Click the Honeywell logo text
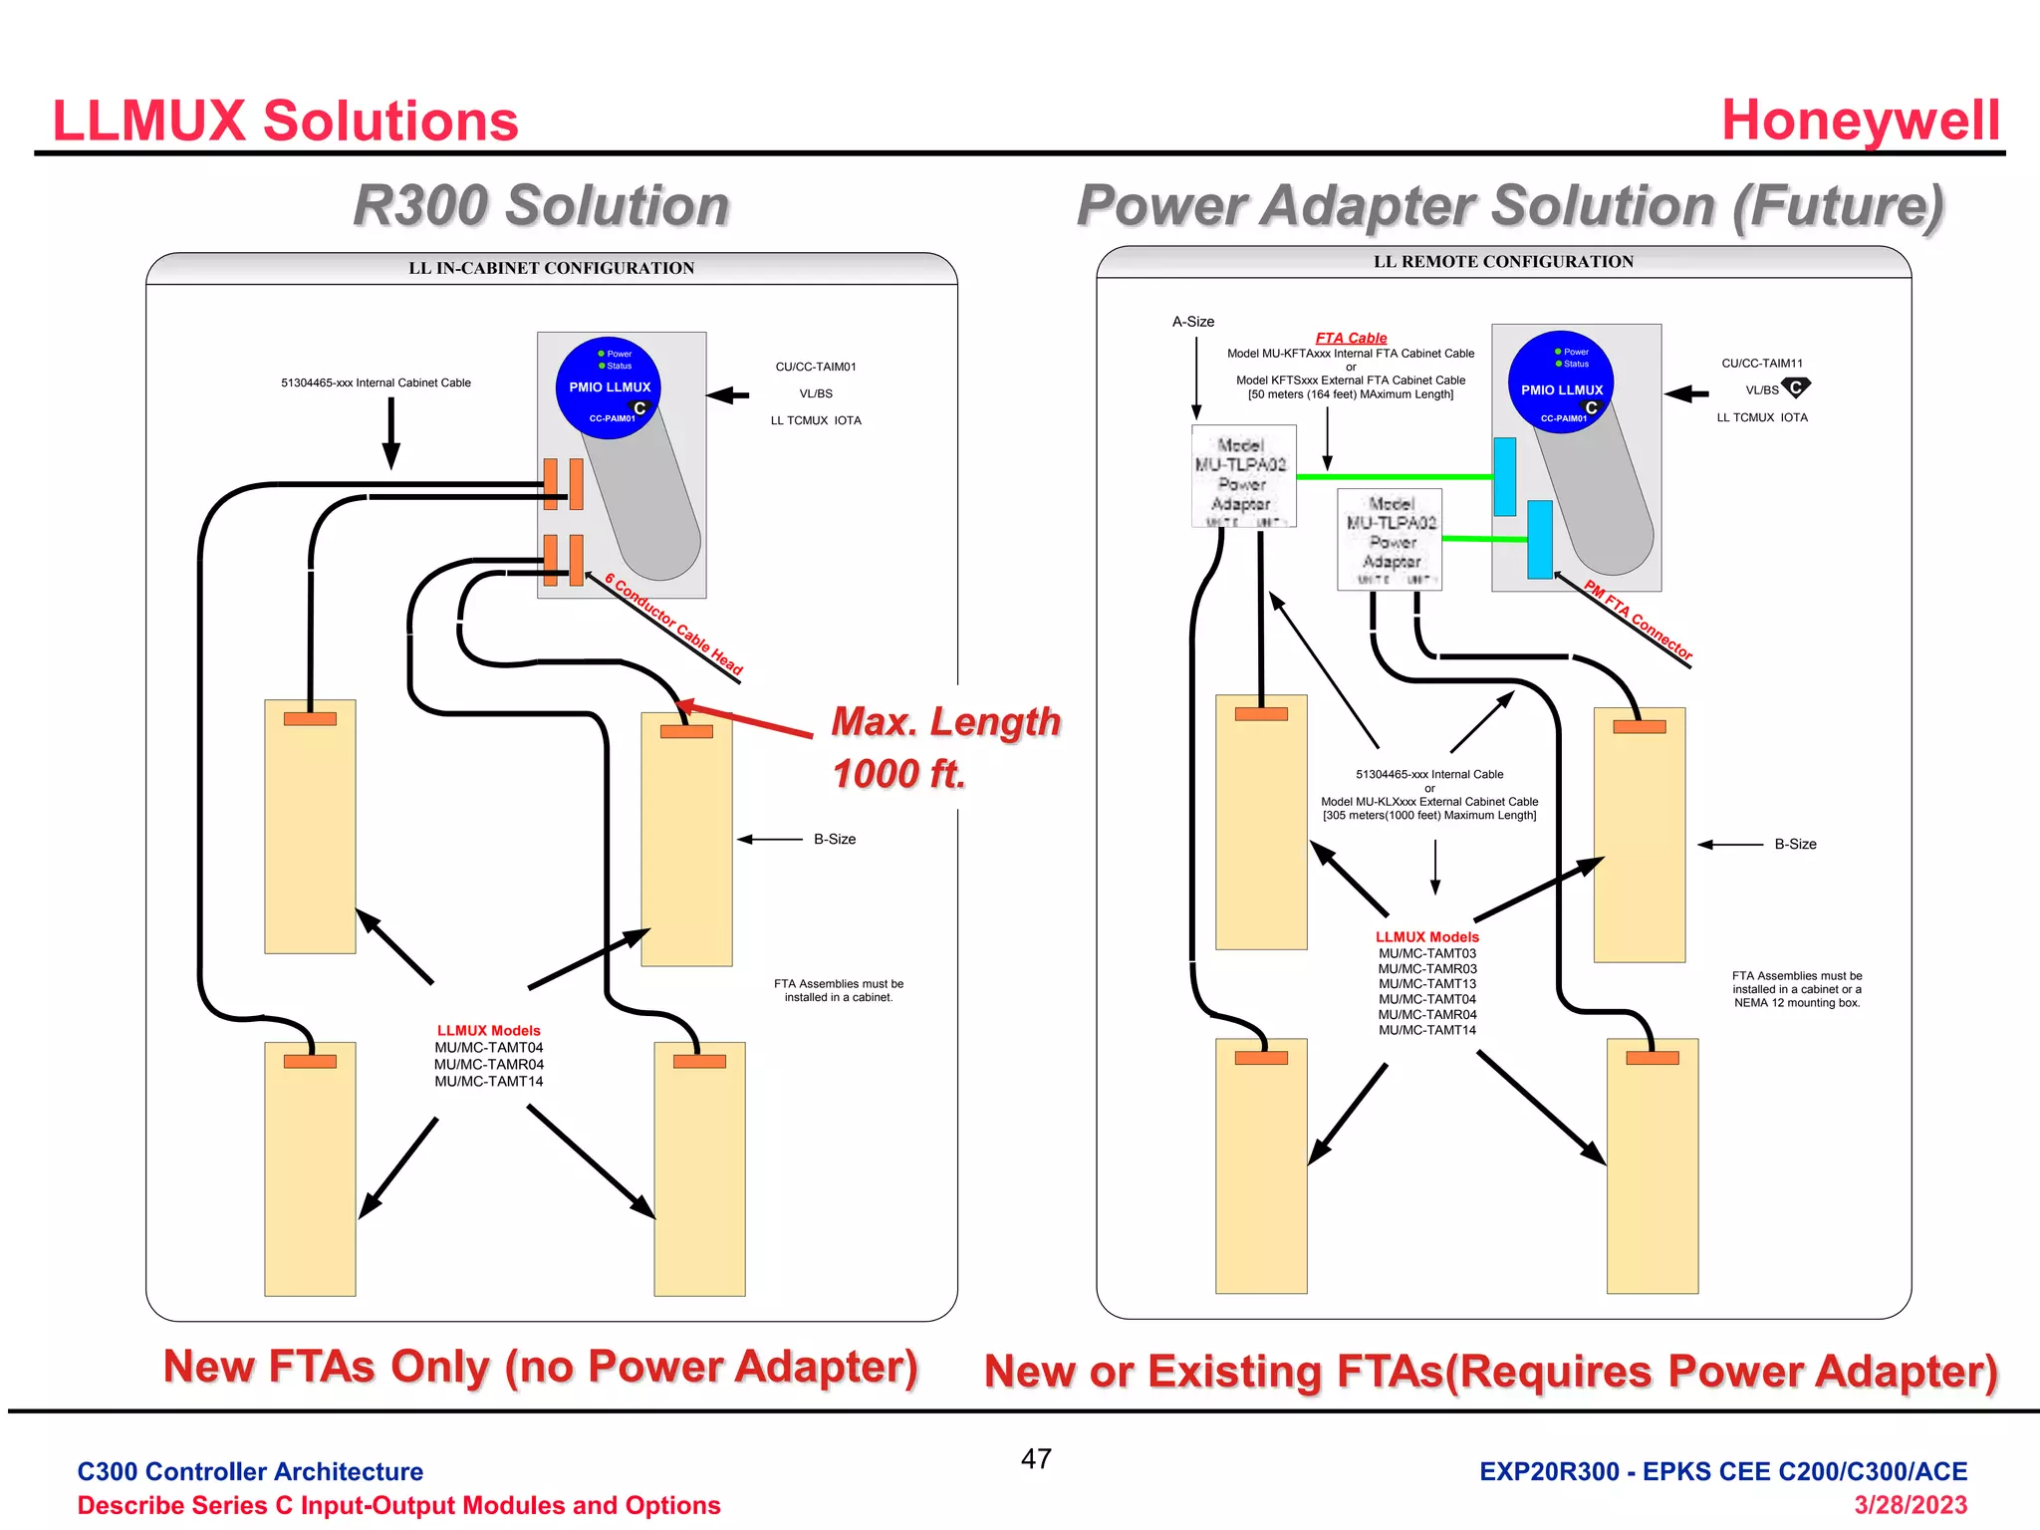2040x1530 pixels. click(x=1860, y=121)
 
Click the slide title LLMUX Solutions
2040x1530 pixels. click(x=285, y=122)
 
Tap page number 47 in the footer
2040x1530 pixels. click(x=1036, y=1459)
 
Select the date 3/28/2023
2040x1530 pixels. click(x=1910, y=1504)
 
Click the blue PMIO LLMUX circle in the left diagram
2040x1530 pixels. click(x=609, y=387)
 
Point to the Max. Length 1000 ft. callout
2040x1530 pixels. click(x=944, y=747)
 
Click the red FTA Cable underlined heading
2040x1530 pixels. click(x=1351, y=338)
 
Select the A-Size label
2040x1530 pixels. click(x=1192, y=322)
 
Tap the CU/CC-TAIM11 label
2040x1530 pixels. click(x=1761, y=364)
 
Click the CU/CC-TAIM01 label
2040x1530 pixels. click(x=815, y=367)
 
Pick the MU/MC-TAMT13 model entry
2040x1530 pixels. click(x=1426, y=984)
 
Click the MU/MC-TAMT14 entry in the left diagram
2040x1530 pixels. click(x=488, y=1082)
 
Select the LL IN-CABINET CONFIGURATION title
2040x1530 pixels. click(x=551, y=268)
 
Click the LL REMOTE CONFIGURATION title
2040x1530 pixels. click(x=1503, y=262)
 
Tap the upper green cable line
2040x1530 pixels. click(x=1395, y=477)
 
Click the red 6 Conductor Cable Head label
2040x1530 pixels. click(x=674, y=625)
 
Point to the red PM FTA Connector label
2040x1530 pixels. click(x=1638, y=620)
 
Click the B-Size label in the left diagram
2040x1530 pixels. click(x=834, y=840)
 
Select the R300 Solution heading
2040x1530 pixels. click(x=541, y=206)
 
